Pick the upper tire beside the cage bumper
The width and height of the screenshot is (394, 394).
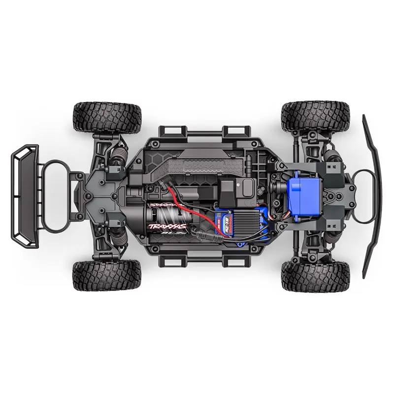click(x=107, y=118)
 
